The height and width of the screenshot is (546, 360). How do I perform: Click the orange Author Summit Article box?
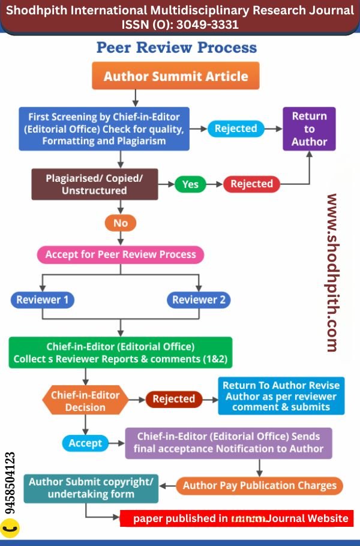click(x=175, y=76)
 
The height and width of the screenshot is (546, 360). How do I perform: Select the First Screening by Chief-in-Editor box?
click(x=104, y=128)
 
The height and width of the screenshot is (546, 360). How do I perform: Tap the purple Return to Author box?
click(x=309, y=129)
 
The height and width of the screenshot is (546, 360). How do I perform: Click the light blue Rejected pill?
click(x=235, y=128)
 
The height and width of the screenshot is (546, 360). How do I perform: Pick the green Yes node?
click(x=190, y=184)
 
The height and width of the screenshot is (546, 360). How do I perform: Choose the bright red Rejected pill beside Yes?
click(x=251, y=184)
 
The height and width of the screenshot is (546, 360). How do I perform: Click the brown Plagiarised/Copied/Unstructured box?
click(x=94, y=184)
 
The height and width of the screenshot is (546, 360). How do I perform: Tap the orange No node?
click(x=121, y=223)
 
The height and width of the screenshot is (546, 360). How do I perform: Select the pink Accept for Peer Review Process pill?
click(x=121, y=254)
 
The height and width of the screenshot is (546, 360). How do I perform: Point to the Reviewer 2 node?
click(x=199, y=299)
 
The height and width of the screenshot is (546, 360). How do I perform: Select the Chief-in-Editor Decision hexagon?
click(x=85, y=401)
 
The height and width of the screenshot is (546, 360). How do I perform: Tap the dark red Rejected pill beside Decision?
click(x=173, y=399)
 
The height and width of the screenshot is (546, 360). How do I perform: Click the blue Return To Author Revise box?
click(x=281, y=396)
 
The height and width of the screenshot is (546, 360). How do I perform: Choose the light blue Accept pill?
click(x=85, y=443)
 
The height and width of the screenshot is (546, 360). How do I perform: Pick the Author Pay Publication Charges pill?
click(x=260, y=485)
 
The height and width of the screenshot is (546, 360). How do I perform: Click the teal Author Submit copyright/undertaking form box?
click(x=91, y=488)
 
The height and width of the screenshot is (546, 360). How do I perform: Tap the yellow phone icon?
click(x=10, y=528)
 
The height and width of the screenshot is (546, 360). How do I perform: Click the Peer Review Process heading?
click(x=176, y=47)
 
